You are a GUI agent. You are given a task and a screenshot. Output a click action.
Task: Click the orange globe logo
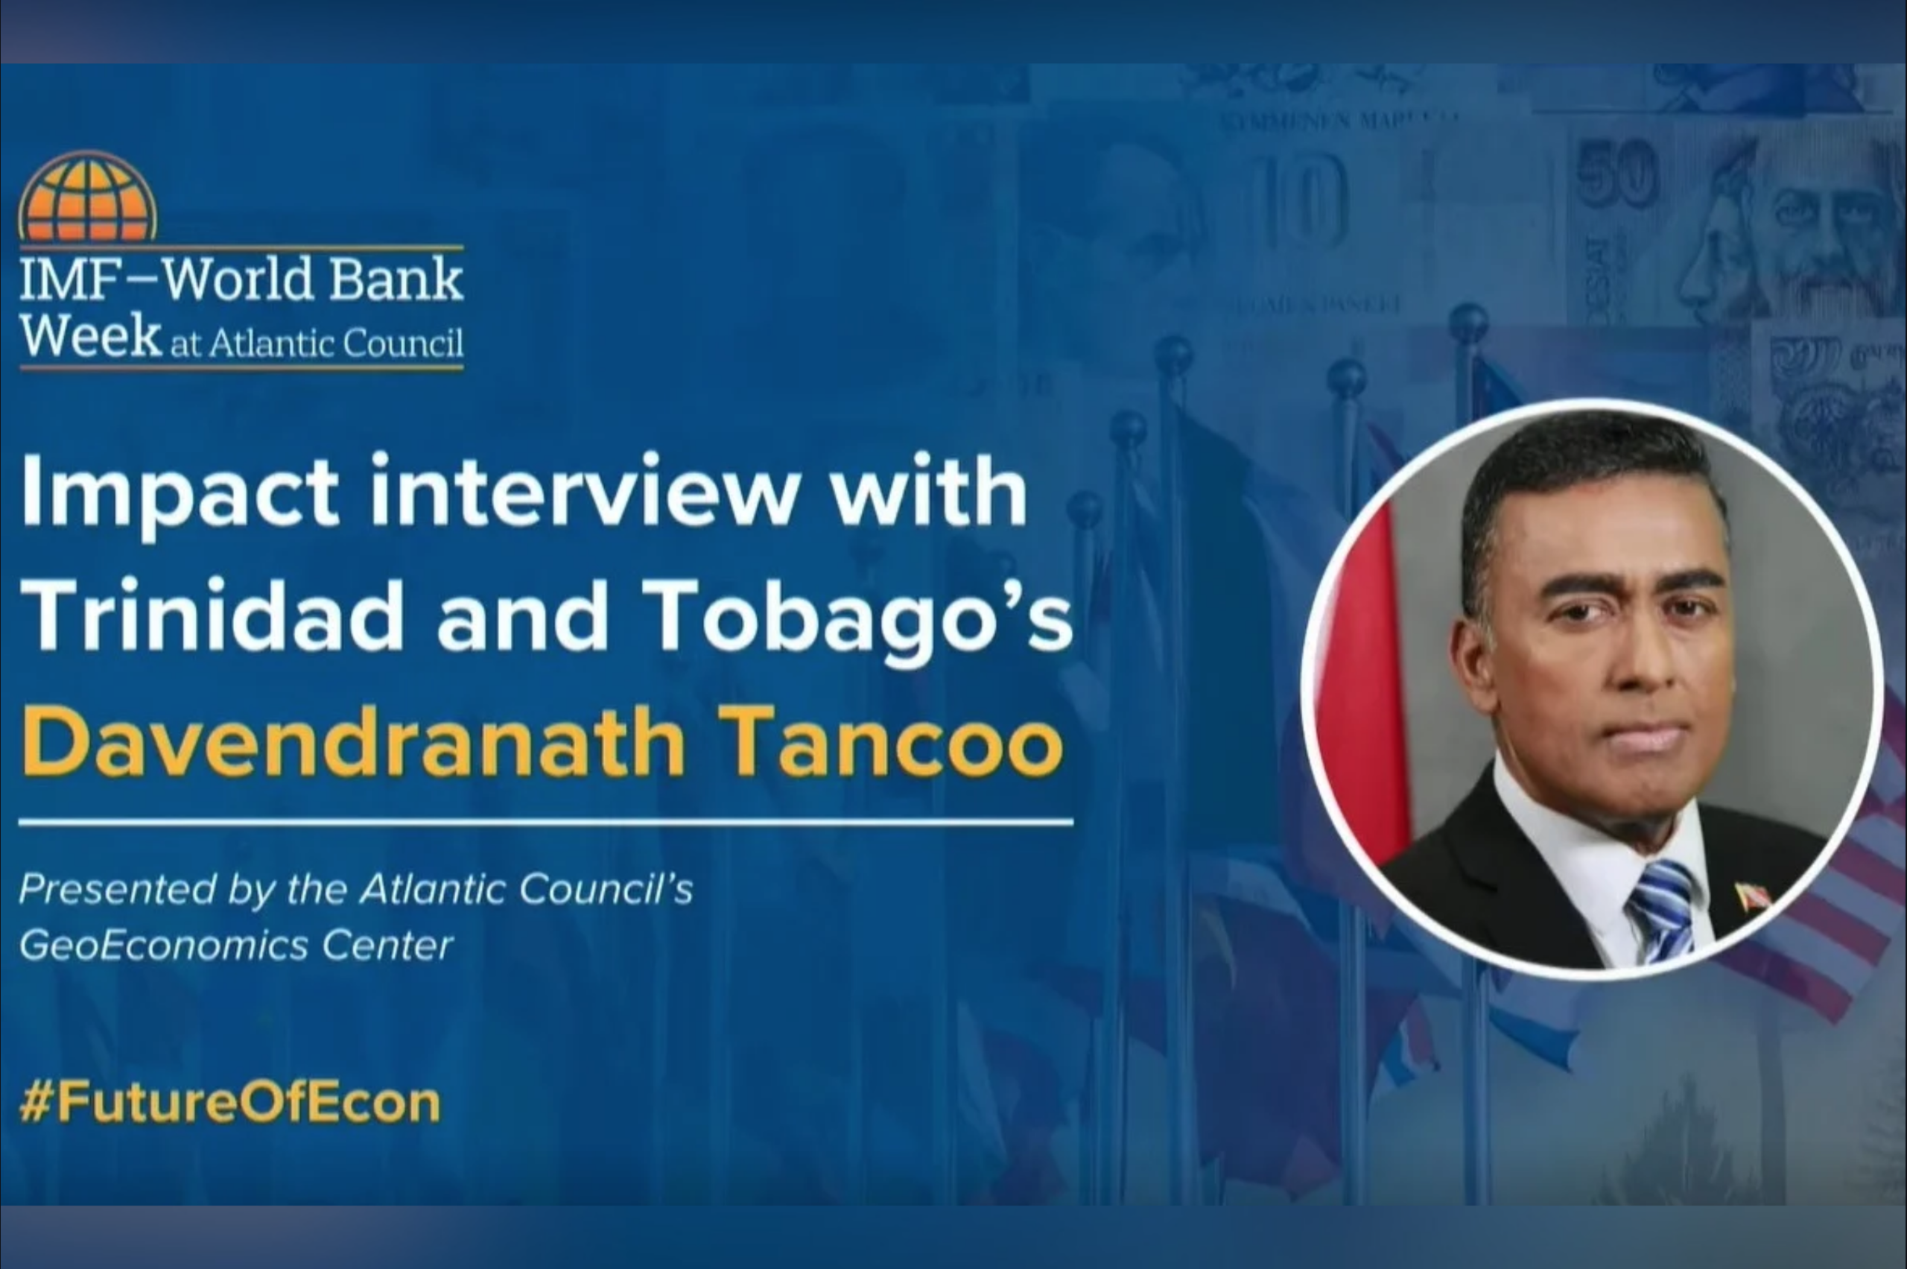[x=87, y=197]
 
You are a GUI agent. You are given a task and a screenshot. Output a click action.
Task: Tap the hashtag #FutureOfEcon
[x=229, y=1102]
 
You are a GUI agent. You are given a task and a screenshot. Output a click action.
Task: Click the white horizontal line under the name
[x=545, y=822]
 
